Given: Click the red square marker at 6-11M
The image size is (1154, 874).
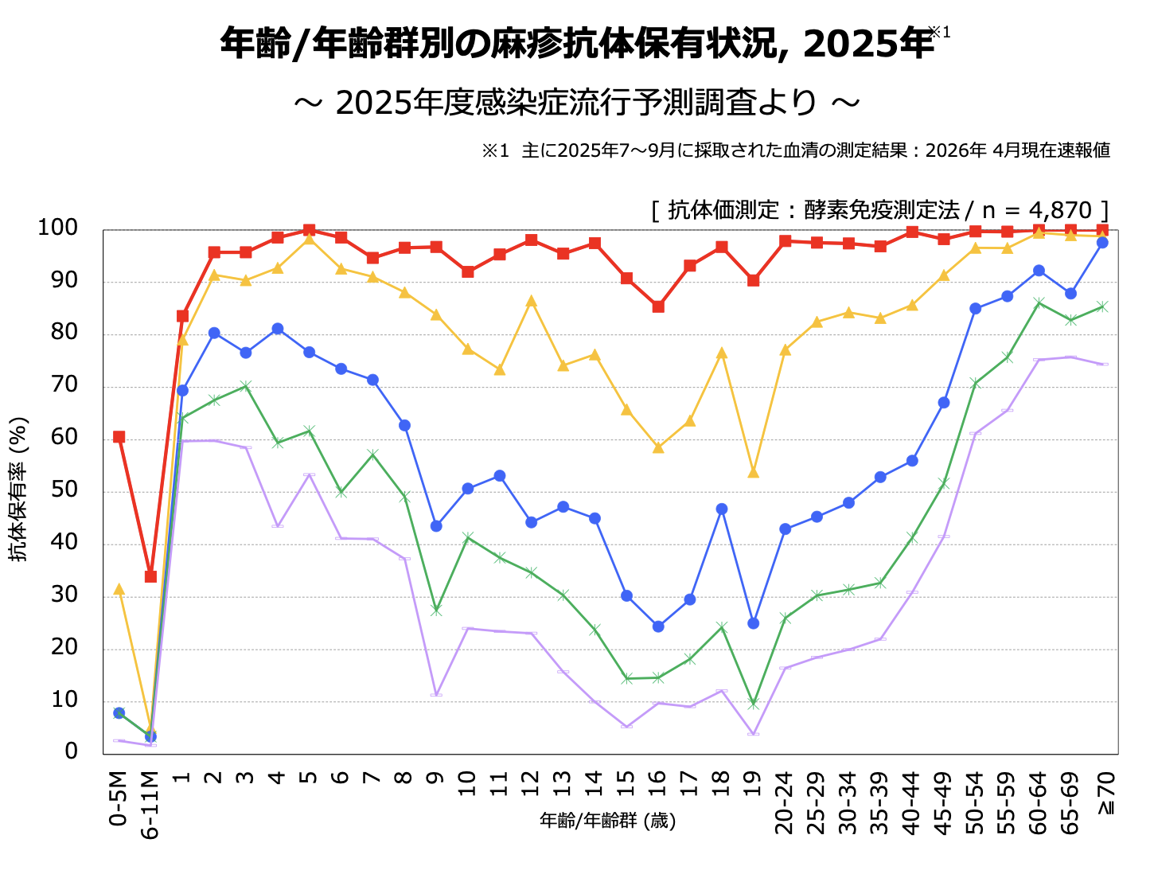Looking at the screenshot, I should pos(150,576).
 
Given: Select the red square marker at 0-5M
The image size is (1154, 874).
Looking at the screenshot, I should pos(119,437).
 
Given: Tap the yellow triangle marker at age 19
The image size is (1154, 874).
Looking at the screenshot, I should pos(753,473).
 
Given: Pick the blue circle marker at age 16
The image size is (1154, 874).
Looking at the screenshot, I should pos(658,626).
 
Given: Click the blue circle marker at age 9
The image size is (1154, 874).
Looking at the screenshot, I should pos(436,526).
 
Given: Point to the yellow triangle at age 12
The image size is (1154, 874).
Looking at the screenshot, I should pos(531,302).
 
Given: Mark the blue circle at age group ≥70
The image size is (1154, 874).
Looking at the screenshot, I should pos(1102,243).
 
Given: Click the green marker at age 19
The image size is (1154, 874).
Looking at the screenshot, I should pos(753,704).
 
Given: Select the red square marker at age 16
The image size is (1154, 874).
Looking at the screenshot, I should pos(658,306).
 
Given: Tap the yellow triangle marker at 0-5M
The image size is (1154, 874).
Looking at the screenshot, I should pos(119,590).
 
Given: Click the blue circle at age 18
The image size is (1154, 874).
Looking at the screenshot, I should pos(721,509).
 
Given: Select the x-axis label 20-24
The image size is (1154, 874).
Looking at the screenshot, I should pos(785,802).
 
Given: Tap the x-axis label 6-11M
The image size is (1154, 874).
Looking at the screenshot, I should pos(150,805).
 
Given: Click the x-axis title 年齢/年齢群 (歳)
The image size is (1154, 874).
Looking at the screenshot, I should pos(608,821).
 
